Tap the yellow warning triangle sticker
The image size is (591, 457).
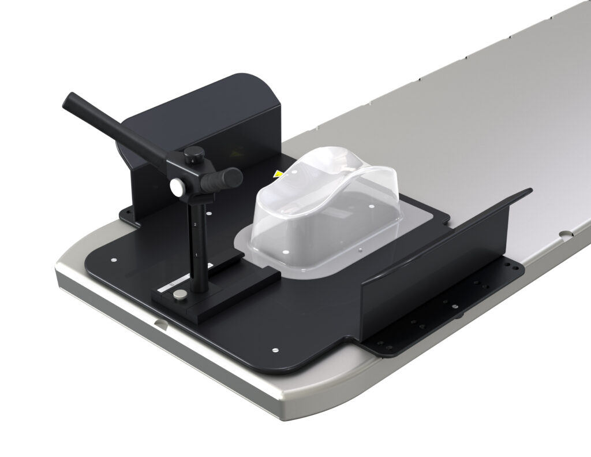[x=279, y=173]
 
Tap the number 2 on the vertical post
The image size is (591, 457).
[x=196, y=224]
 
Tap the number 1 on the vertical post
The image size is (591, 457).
[x=197, y=254]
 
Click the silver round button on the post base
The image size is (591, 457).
[x=180, y=296]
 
